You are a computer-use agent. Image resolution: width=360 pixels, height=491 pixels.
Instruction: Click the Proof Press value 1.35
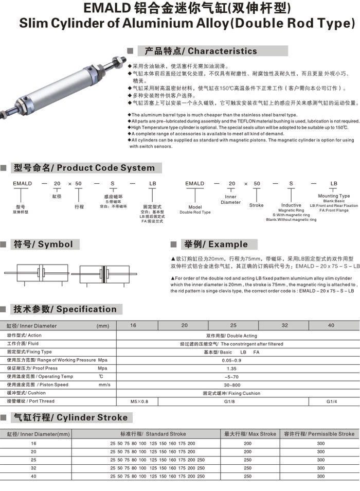[231, 369]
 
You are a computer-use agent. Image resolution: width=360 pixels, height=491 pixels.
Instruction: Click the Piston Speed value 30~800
[231, 385]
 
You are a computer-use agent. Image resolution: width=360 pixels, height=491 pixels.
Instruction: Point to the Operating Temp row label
[40, 377]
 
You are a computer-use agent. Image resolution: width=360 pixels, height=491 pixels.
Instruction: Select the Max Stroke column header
[250, 434]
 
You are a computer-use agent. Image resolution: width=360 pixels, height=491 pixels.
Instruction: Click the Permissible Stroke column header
[319, 434]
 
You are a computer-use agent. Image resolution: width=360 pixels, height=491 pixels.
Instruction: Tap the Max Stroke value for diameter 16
[248, 443]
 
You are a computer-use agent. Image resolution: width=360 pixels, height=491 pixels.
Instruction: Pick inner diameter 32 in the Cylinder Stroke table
[34, 468]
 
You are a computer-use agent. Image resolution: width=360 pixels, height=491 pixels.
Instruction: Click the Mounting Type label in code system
[334, 196]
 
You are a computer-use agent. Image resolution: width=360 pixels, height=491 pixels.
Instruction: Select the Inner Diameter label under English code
[230, 199]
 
